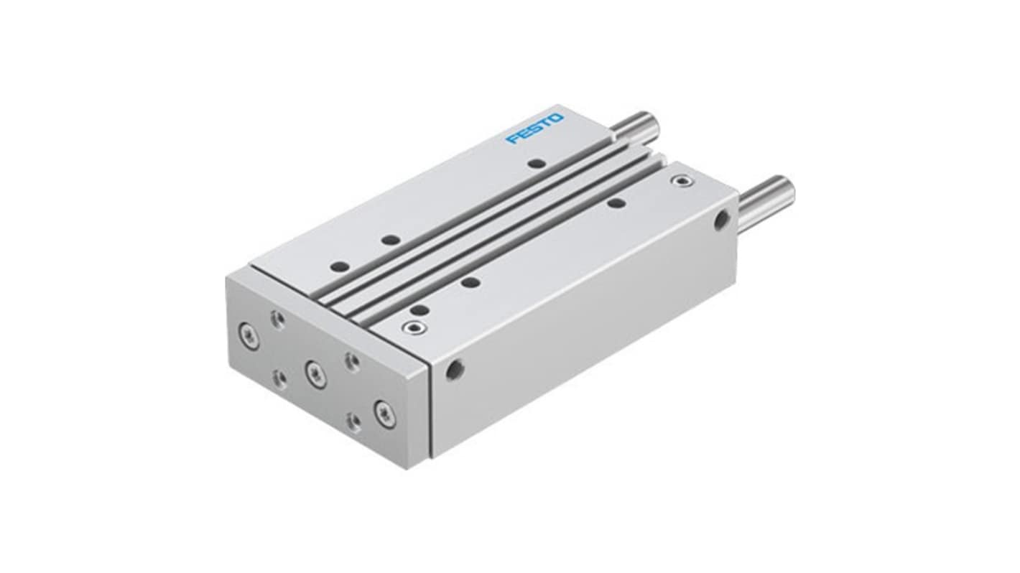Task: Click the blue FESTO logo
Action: [x=535, y=129]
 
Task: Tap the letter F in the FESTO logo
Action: [x=512, y=139]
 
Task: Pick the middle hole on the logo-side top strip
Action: [x=391, y=239]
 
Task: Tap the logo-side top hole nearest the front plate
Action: [x=340, y=266]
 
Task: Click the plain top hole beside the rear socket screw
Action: [x=616, y=202]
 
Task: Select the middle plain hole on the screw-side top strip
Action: [x=470, y=283]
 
